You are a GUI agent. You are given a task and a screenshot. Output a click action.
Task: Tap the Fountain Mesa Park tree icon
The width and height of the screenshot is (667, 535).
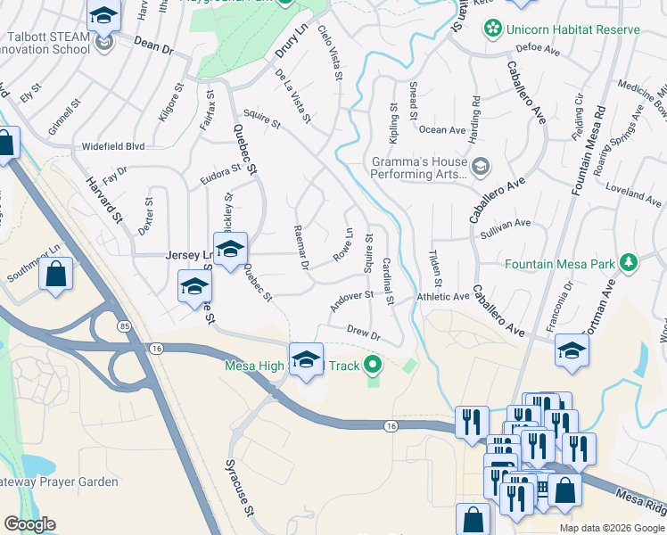630,262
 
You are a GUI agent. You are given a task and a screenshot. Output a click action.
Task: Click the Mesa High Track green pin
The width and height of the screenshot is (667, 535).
374,365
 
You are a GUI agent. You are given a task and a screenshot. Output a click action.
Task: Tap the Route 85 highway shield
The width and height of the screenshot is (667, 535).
123,327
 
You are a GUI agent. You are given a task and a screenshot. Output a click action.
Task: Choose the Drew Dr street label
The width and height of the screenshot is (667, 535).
364,333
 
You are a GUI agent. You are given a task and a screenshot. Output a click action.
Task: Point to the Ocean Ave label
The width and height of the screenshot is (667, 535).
442,130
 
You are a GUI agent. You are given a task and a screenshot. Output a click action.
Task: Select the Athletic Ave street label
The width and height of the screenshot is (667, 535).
442,297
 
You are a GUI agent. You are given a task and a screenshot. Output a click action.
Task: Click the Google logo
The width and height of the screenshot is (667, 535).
30,524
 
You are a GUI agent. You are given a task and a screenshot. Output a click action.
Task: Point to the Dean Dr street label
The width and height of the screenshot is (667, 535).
152,45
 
